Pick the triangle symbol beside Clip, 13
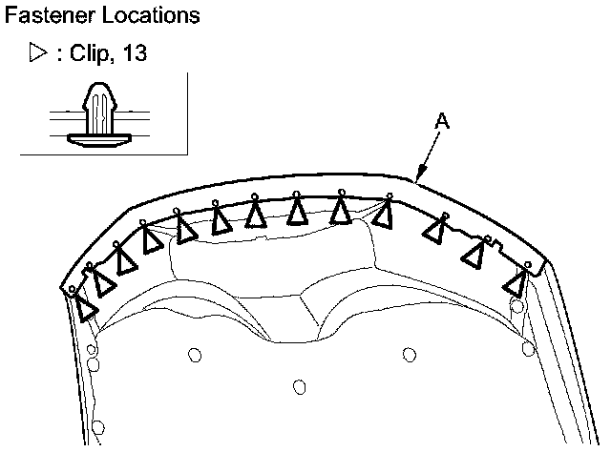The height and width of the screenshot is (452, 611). coord(39,53)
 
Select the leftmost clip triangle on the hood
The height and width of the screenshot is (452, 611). coord(86,308)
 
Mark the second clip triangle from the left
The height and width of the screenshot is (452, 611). coord(101,282)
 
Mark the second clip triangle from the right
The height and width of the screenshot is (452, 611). coord(474,253)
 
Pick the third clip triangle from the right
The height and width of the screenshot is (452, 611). coord(437,230)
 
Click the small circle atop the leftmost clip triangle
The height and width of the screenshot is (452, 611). coord(73,289)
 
